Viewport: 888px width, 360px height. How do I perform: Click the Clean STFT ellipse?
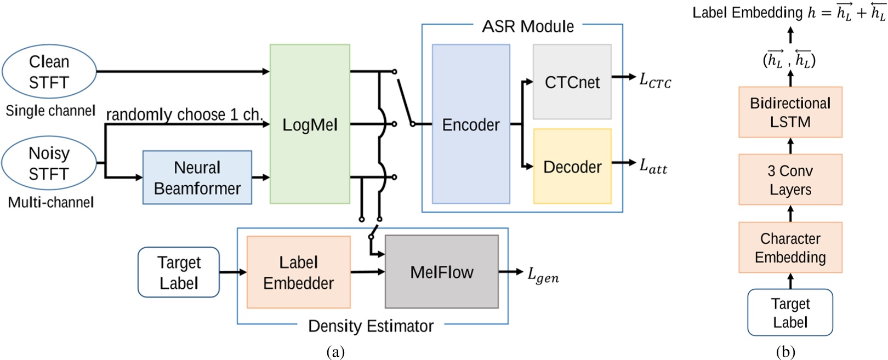[49, 72]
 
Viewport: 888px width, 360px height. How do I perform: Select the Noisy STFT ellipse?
[49, 163]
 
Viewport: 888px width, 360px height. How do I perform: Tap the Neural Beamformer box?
[197, 178]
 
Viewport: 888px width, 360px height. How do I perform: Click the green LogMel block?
[310, 124]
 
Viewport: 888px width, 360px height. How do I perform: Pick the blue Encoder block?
[471, 124]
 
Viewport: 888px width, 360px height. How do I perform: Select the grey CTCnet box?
[572, 82]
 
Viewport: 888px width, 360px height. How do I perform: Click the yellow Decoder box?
[572, 167]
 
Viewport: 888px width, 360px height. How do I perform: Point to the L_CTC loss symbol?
[654, 80]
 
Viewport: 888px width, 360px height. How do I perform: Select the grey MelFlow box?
[442, 272]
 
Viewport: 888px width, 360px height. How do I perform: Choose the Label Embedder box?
[298, 272]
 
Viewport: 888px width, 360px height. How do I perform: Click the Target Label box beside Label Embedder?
[179, 272]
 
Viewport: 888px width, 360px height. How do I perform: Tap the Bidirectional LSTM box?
[790, 112]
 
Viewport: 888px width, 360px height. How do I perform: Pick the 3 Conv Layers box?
[790, 180]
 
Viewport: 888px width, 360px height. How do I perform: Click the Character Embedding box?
[790, 248]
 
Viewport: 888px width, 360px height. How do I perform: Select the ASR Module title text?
[527, 26]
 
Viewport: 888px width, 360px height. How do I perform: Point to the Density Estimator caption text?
[371, 326]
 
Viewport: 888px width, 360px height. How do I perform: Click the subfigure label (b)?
[785, 352]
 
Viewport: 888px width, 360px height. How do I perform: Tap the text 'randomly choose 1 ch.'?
[184, 115]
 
